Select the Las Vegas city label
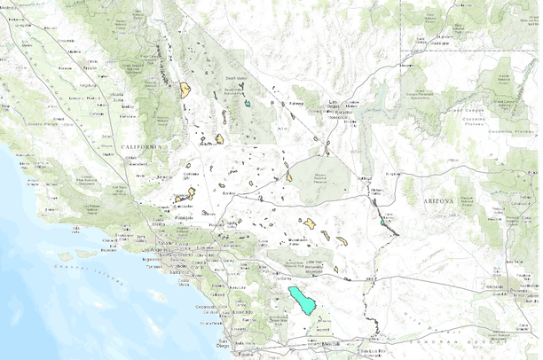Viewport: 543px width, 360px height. click(334, 104)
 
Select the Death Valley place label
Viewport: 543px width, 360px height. click(234, 77)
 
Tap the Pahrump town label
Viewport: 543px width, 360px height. click(295, 104)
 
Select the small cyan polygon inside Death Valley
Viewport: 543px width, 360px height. click(248, 103)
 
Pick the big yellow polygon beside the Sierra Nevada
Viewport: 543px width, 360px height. click(185, 90)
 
